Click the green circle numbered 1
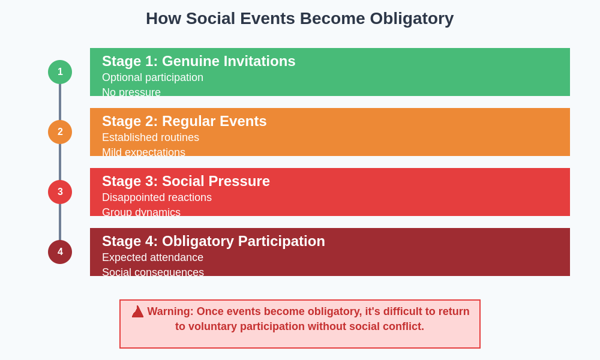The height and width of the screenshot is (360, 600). tap(60, 72)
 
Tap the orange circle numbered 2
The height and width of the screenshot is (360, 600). tap(60, 132)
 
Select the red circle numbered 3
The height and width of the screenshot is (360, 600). tap(60, 192)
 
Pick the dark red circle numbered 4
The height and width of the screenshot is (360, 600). tap(60, 252)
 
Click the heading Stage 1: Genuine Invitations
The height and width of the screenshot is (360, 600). tap(199, 61)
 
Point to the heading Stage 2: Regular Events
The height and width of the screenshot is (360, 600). tap(184, 121)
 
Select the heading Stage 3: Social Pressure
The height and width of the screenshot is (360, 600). tap(186, 181)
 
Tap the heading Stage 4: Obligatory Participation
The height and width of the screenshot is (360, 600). tap(214, 241)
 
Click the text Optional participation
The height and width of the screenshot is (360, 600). tap(152, 77)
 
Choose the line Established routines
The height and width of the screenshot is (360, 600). tap(151, 137)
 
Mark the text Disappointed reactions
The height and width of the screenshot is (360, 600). tap(157, 197)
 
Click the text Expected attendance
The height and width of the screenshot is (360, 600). tap(152, 257)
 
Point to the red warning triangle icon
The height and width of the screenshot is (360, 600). tap(137, 312)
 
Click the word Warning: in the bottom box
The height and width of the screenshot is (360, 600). tap(170, 311)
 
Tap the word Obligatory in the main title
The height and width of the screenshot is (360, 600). tap(412, 19)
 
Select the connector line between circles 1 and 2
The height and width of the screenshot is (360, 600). tap(60, 102)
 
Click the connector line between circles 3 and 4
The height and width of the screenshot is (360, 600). tap(60, 222)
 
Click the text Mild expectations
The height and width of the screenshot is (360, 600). tap(143, 152)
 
